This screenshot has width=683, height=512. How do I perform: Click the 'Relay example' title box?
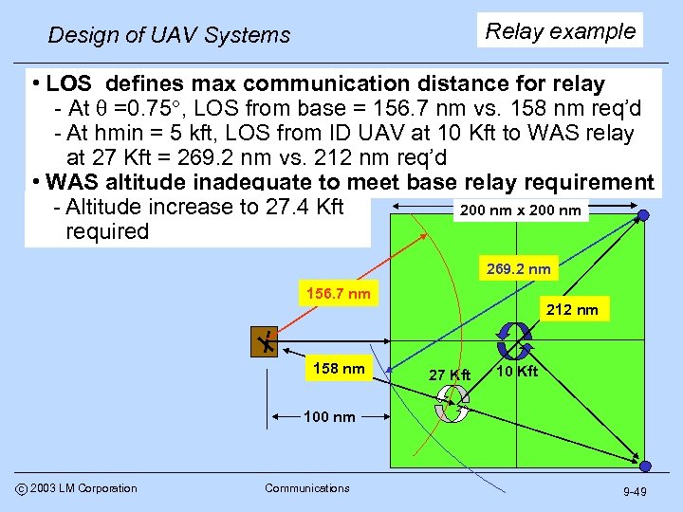coord(561,30)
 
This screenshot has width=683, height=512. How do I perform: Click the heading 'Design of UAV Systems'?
coord(169,36)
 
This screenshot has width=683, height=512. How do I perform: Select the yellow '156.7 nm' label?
coord(338,294)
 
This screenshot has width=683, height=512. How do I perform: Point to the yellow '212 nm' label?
coord(573,309)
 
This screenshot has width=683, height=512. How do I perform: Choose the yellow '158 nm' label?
coord(340,369)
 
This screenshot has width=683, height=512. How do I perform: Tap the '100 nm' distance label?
coord(329,416)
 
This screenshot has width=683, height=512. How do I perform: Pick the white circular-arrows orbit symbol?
coord(452,405)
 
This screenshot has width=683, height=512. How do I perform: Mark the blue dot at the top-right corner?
coord(644,216)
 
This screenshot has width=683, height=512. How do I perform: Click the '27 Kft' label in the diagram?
coord(450,375)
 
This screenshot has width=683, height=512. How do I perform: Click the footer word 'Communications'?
coord(307,488)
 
